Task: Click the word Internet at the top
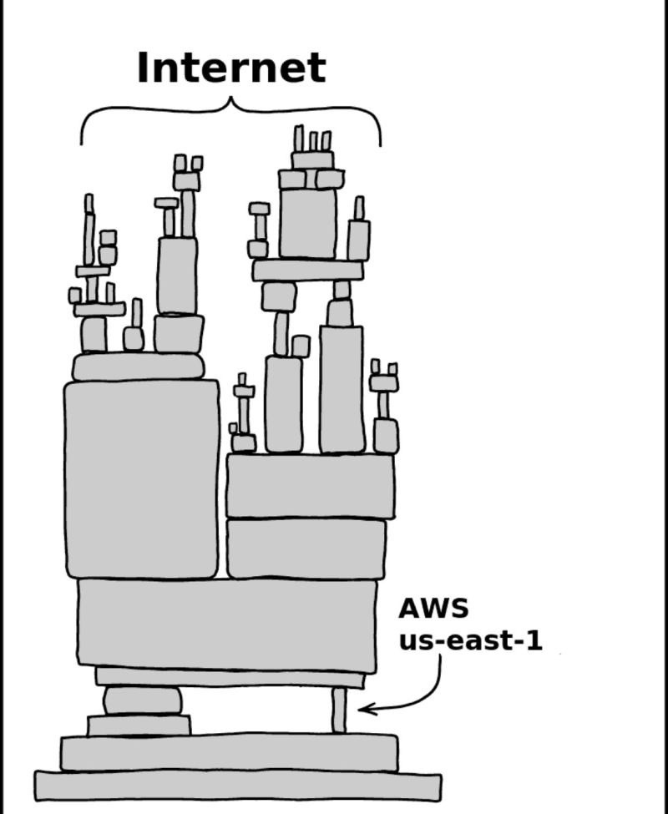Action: [230, 68]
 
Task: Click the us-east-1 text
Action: [469, 641]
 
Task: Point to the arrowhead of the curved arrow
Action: [364, 710]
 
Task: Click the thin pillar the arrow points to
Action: [338, 710]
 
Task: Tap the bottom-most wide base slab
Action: [238, 786]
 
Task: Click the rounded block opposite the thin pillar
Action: [142, 700]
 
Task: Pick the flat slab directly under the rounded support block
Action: [139, 725]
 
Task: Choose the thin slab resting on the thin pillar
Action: [230, 677]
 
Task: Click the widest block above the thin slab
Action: [227, 624]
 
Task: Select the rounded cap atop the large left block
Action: [138, 367]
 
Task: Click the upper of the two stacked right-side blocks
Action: [310, 486]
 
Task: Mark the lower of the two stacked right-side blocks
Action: [306, 548]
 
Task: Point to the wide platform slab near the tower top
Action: [308, 270]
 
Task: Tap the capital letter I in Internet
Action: [143, 68]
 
